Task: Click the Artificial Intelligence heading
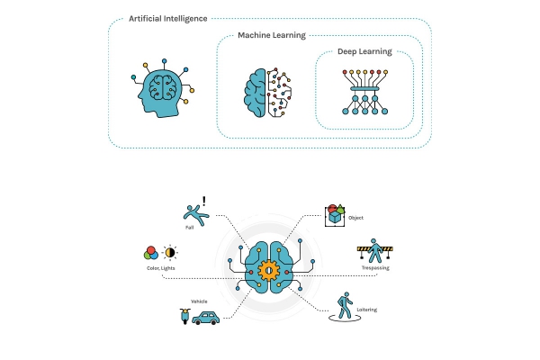coord(168,19)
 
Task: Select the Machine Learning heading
coord(272,35)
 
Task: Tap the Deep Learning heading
coord(364,51)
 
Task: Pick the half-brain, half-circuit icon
coord(268,93)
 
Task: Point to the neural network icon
coord(365,92)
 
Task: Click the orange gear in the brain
coord(268,270)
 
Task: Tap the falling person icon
coord(195,215)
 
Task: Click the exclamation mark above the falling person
coord(204,202)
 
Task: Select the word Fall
coord(189,228)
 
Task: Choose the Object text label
coord(355,218)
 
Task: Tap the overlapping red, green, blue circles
coord(151,253)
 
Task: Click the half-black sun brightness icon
coord(170,253)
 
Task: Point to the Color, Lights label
coord(161,268)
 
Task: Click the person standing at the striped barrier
coord(375,251)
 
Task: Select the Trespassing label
coord(375,267)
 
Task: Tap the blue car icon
coord(205,318)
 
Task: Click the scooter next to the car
coord(184,316)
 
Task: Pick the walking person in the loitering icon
coord(345,305)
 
